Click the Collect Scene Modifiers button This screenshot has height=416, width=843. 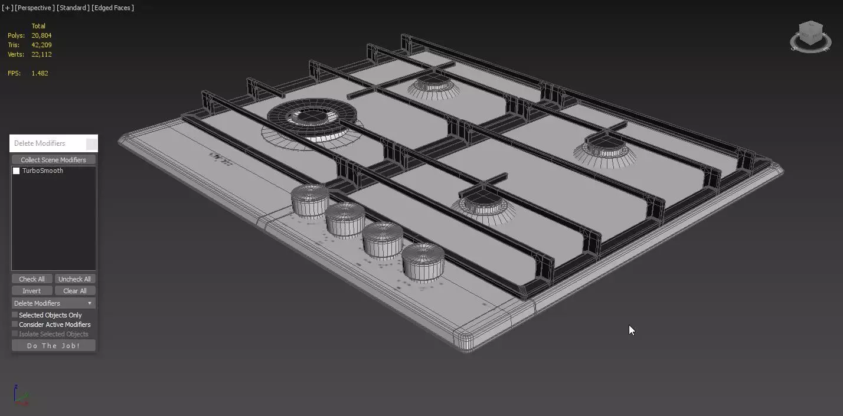tap(53, 160)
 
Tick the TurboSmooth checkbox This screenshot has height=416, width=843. tap(17, 171)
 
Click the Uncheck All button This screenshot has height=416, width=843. tap(74, 279)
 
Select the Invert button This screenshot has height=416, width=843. tap(32, 291)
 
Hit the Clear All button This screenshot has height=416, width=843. tap(74, 291)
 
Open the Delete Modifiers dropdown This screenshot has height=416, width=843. tap(53, 303)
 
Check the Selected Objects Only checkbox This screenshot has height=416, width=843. tap(15, 315)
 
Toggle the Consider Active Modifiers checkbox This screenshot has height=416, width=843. tap(15, 325)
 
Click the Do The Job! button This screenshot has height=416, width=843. tap(53, 346)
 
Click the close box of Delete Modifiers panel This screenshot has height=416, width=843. tap(91, 143)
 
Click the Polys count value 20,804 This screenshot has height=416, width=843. tap(41, 35)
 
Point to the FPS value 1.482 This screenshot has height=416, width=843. tap(40, 73)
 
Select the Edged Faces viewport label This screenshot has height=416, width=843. tap(113, 8)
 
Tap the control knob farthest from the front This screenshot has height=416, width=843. tap(310, 201)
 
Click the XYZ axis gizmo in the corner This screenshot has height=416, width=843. tap(21, 395)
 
